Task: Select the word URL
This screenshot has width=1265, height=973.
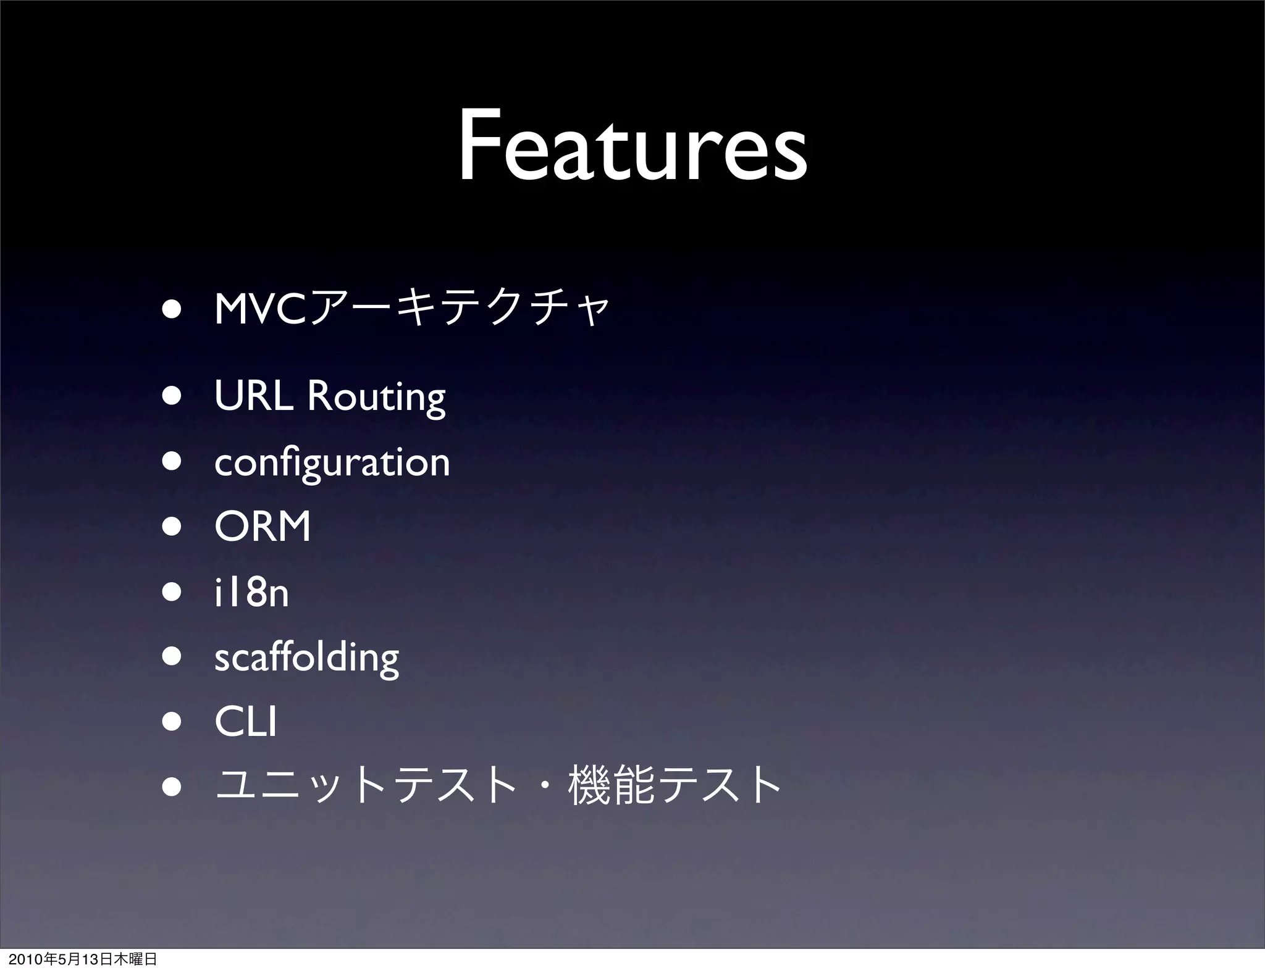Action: (x=253, y=396)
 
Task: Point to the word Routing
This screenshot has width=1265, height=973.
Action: (x=376, y=398)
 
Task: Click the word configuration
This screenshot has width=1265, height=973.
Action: (x=332, y=463)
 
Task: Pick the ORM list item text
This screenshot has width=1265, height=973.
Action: (x=263, y=527)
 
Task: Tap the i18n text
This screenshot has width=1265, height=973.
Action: (x=251, y=593)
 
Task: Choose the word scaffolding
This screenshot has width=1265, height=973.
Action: (x=306, y=658)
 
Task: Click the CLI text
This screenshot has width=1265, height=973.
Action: (x=245, y=722)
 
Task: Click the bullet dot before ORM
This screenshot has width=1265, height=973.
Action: (x=172, y=527)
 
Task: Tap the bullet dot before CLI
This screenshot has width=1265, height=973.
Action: (x=172, y=722)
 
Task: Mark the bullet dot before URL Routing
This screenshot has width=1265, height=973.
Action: (x=172, y=396)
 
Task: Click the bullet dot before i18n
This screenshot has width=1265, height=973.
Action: (x=172, y=593)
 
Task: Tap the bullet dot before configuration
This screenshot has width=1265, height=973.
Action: (x=172, y=462)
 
